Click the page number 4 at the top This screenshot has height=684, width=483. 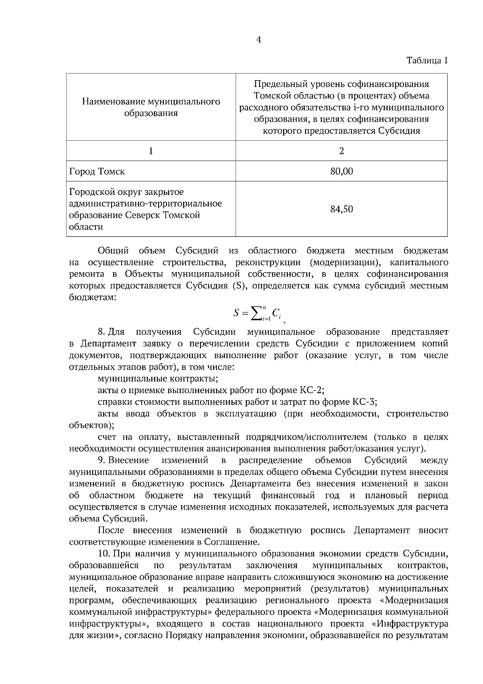point(258,39)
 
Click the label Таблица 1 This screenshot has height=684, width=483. point(427,61)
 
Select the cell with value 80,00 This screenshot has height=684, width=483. point(341,171)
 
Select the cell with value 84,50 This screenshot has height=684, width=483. point(341,209)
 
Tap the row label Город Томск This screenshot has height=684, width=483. point(97,171)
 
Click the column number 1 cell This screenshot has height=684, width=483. point(151,151)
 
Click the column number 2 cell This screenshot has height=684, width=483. point(341,151)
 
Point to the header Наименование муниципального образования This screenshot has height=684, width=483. point(151,107)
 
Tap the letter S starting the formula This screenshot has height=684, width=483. point(237,313)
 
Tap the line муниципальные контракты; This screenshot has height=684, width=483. point(158,379)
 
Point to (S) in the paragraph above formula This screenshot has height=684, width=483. point(235,286)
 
